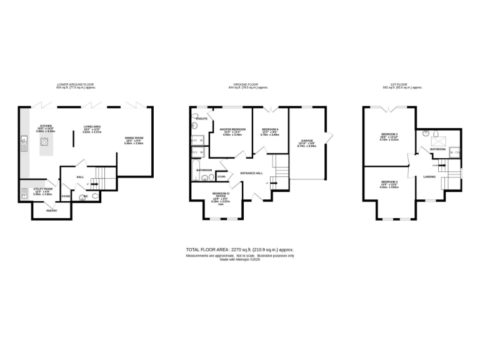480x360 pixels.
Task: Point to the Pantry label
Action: coord(51,211)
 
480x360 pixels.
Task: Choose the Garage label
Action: coord(307,141)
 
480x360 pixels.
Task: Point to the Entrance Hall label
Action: coord(250,173)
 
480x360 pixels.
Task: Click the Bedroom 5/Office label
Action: coord(221,195)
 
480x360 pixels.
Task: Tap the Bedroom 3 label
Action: coord(389,182)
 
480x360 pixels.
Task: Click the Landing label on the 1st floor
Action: coord(429,177)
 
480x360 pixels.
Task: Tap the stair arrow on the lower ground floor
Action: coord(94,183)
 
